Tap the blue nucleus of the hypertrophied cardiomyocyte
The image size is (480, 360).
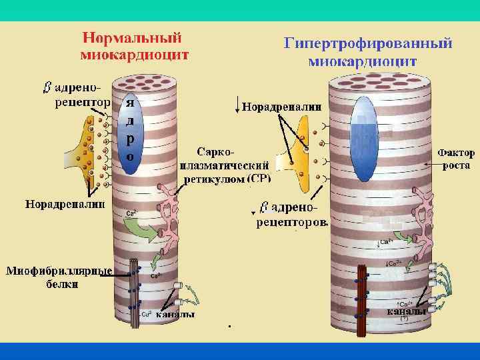[x=363, y=139]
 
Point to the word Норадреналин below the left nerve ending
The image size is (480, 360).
[x=65, y=203]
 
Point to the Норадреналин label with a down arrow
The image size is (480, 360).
[x=281, y=107]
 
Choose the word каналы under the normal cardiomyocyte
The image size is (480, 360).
[x=175, y=315]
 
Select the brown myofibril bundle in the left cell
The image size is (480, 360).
[x=134, y=293]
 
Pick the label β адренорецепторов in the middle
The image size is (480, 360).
[x=291, y=214]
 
